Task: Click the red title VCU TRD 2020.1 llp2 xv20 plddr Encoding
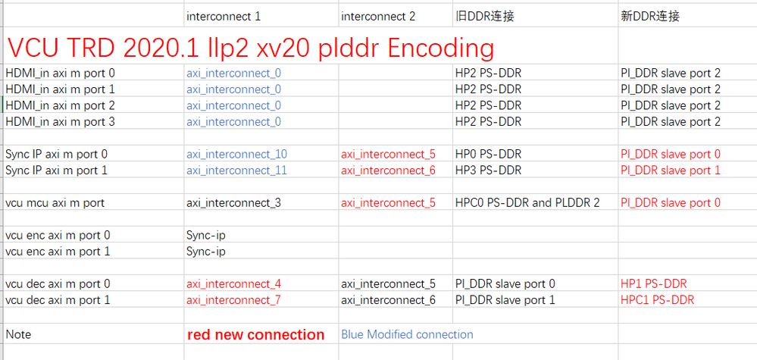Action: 251,49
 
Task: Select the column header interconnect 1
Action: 224,17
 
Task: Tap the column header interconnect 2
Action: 378,17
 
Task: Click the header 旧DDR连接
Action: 485,17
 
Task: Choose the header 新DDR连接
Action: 650,17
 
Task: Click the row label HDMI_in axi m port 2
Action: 61,105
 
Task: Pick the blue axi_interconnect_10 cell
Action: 237,155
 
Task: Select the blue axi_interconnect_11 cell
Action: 237,171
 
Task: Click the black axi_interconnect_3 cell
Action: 233,203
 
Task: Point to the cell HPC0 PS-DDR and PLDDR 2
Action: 527,203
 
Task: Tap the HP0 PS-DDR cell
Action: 488,155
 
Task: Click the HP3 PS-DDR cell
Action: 488,171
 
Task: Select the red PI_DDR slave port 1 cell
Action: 671,171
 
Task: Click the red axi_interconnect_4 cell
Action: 233,283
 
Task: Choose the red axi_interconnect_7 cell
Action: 233,300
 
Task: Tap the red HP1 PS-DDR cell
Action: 654,283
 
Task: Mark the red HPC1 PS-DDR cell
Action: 658,300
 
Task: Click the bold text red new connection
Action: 256,334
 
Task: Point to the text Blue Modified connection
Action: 408,334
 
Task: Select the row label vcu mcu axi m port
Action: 55,203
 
